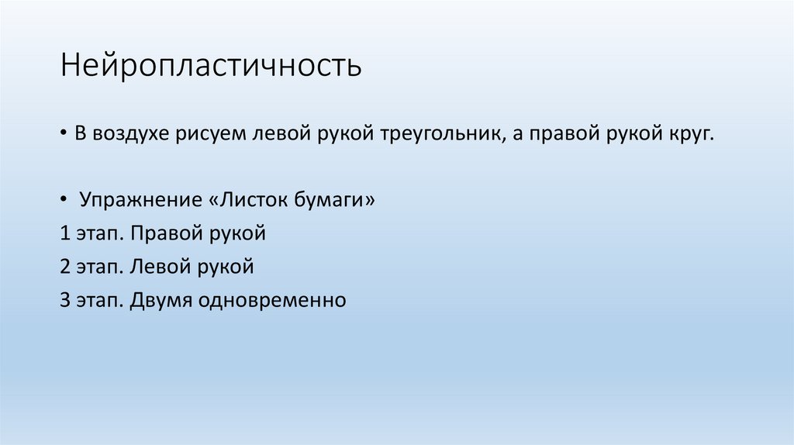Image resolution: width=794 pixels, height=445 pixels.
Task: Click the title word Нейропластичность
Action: [212, 66]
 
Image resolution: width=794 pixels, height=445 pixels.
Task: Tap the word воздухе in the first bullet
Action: [128, 134]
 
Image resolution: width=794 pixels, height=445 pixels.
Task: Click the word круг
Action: [687, 134]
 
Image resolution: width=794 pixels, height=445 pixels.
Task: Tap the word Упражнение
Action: [141, 201]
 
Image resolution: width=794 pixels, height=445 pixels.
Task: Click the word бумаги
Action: [337, 201]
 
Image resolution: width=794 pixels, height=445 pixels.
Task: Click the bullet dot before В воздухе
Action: [64, 134]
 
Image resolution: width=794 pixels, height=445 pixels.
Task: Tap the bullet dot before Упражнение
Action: [64, 201]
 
